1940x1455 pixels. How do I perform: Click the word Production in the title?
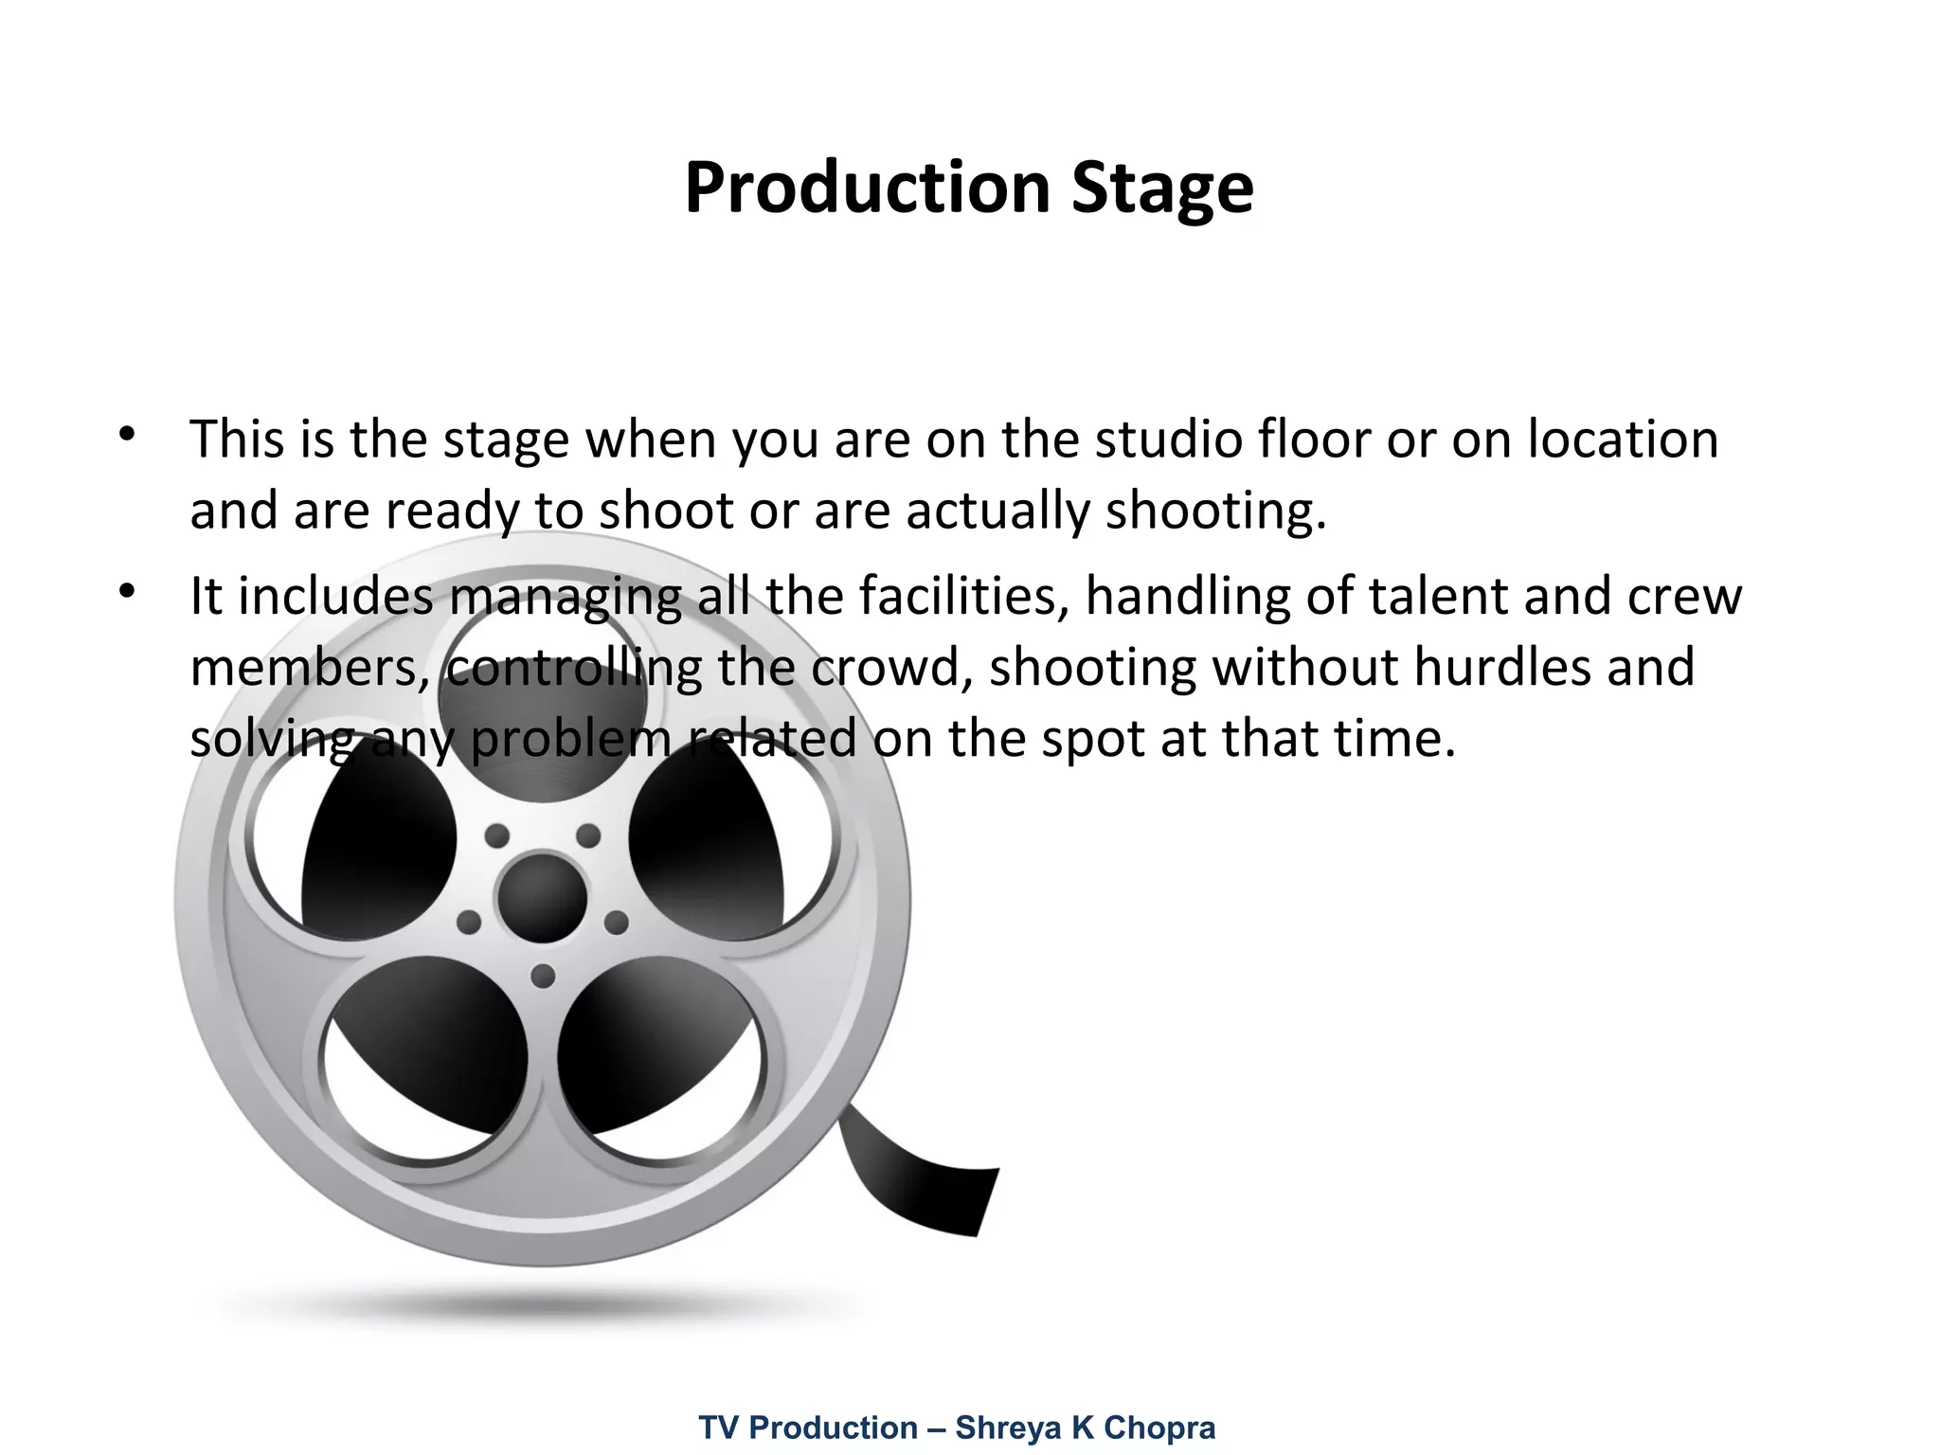pos(867,188)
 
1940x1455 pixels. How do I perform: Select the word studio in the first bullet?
pos(1168,440)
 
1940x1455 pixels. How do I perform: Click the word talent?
pos(1439,597)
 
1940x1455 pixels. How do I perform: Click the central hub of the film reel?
pos(542,896)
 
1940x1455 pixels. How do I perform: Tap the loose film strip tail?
pos(928,1184)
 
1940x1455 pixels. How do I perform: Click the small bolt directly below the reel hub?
pos(543,976)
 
